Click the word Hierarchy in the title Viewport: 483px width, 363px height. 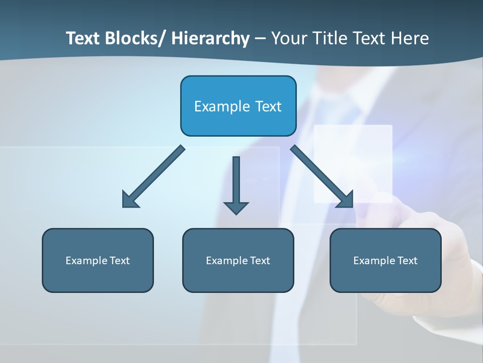210,38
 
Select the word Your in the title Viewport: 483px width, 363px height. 289,38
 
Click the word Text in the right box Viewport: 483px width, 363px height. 407,261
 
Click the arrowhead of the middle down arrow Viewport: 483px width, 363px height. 236,207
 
